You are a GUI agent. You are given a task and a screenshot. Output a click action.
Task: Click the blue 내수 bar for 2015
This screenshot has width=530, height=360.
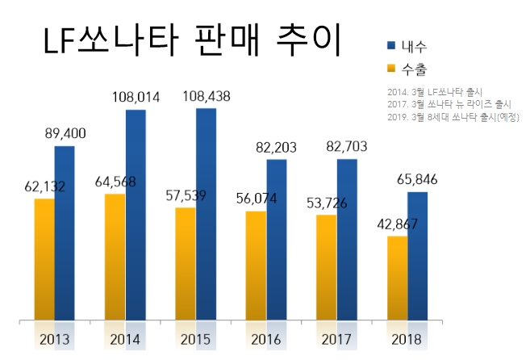pyautogui.click(x=207, y=214)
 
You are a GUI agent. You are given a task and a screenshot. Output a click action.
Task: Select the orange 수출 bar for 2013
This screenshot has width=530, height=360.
pyautogui.click(x=44, y=258)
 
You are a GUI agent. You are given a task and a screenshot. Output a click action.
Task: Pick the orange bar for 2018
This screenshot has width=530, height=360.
pyautogui.click(x=398, y=278)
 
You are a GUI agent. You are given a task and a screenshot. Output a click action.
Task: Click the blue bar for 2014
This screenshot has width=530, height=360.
pyautogui.click(x=136, y=215)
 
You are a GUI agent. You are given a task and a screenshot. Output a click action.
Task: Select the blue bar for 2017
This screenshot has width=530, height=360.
pyautogui.click(x=347, y=239)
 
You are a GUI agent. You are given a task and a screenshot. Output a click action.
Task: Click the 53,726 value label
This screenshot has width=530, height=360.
pyautogui.click(x=326, y=203)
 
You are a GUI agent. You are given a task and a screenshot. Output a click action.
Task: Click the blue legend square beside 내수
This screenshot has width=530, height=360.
pyautogui.click(x=392, y=45)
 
